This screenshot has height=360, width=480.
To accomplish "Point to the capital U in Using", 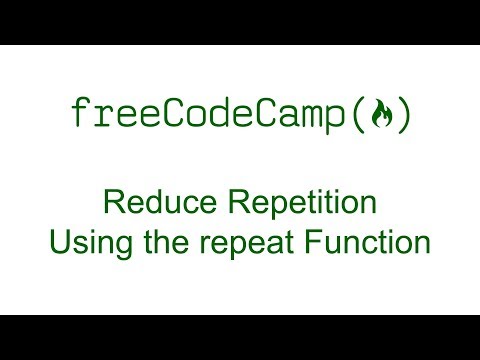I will click(x=56, y=241).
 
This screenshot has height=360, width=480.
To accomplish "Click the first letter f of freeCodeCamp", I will click(x=80, y=114).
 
